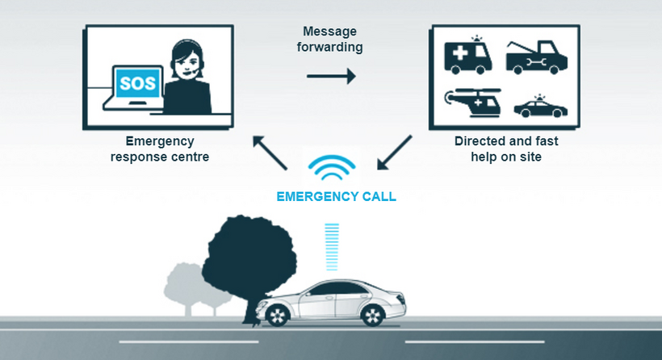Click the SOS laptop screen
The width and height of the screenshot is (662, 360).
coord(137,82)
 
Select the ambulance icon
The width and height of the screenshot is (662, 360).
coord(467,55)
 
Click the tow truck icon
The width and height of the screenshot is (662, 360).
coord(537,57)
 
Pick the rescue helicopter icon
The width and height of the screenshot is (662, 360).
coord(473,103)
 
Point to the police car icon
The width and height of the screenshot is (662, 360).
coord(540,107)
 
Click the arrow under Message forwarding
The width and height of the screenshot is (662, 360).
coord(331,77)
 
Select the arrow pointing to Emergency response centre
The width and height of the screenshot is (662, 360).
coord(270,153)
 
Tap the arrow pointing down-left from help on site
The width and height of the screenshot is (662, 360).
coord(394,153)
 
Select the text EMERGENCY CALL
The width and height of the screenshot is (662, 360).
coord(336,197)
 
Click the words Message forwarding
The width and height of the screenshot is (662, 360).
coord(329,39)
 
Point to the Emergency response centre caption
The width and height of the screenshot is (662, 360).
coord(160,149)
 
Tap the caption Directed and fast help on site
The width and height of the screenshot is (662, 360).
coord(506,149)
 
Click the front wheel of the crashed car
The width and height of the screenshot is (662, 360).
coord(277,316)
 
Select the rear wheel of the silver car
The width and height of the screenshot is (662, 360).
coord(372,316)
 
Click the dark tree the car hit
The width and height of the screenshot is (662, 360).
coord(249,257)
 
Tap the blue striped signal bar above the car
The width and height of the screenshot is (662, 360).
coord(332,247)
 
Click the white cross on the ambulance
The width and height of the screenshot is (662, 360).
coord(460,53)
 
